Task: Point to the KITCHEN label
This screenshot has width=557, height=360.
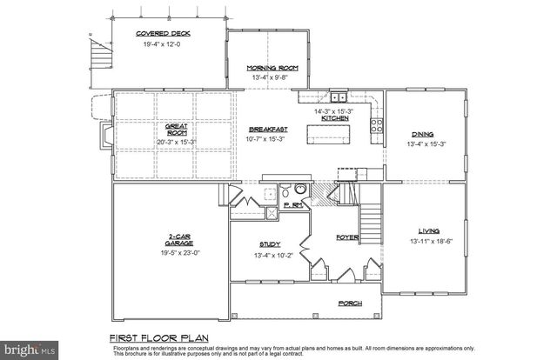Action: click(335, 118)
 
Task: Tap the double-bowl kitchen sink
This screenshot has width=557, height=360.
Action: click(337, 98)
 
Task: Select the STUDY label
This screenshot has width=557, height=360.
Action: click(270, 244)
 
